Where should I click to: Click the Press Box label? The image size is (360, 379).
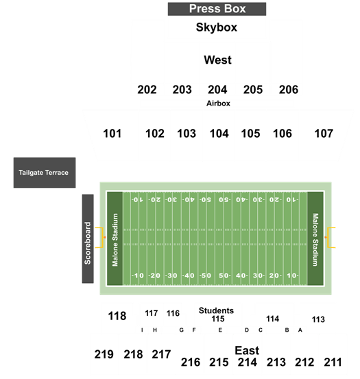point(217,9)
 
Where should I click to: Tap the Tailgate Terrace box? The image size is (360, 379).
point(45,173)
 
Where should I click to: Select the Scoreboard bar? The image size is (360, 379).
point(88,239)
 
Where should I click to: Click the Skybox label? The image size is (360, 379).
point(217,27)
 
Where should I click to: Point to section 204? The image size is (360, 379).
point(217,90)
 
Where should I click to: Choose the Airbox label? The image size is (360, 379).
point(218,103)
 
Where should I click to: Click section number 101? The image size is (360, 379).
point(112,134)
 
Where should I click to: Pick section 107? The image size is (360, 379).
point(324,134)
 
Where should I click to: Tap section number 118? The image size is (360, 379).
point(117,316)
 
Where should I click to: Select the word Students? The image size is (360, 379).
point(216,310)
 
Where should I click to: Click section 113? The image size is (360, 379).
point(318,319)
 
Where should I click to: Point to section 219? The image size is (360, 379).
point(104,354)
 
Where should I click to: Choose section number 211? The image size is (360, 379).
point(333,363)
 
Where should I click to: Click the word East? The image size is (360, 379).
point(247,350)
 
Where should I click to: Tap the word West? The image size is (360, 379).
point(217,60)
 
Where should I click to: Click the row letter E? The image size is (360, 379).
point(220,330)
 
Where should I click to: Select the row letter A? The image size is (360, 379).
point(300,330)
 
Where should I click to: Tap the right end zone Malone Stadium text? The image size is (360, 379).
point(315,240)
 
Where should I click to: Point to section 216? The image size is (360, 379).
point(191,363)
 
